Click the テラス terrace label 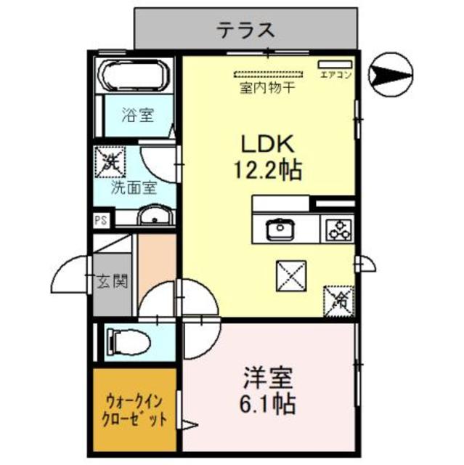[247, 30]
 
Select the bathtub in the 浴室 [134, 76]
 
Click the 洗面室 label [133, 187]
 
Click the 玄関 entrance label [113, 281]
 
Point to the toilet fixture [126, 341]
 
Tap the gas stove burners [338, 230]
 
